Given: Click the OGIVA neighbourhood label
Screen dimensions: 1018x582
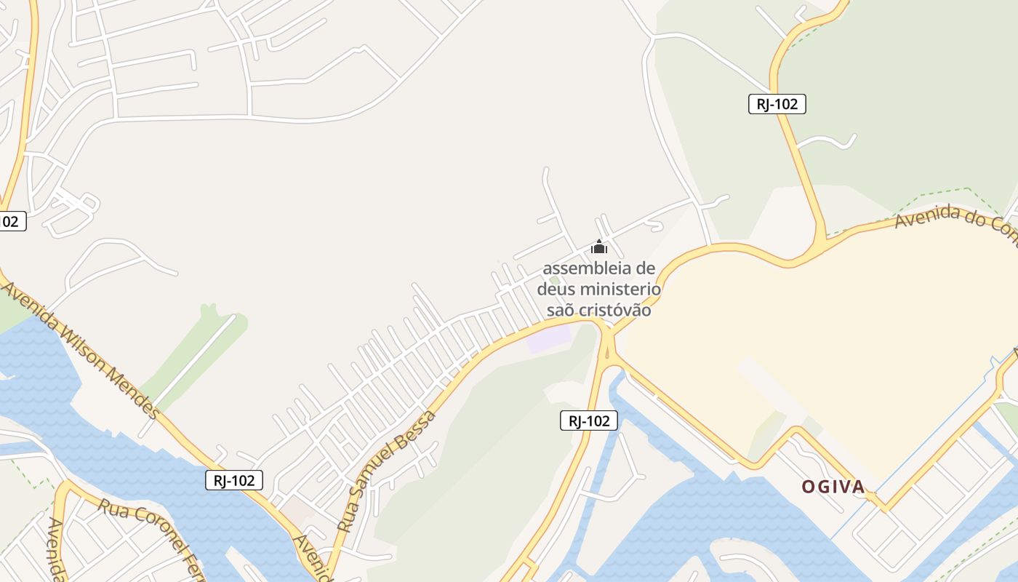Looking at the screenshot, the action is (x=833, y=487).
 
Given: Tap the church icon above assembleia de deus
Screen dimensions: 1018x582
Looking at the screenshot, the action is (x=598, y=247).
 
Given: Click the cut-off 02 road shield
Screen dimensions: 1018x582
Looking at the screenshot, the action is (x=10, y=221).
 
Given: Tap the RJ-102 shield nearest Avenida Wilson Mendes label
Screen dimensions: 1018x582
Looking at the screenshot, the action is (x=233, y=480).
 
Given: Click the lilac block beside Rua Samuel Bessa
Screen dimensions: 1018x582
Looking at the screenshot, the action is (x=549, y=338).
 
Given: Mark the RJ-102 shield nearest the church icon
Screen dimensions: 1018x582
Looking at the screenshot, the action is (x=589, y=420).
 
